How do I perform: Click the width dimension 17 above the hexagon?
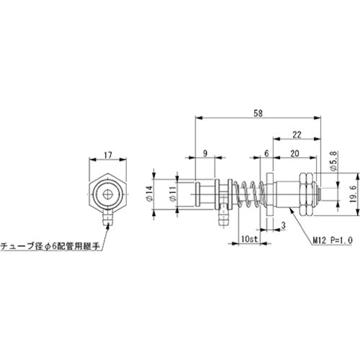[107, 153]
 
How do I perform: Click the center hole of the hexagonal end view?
[107, 194]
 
